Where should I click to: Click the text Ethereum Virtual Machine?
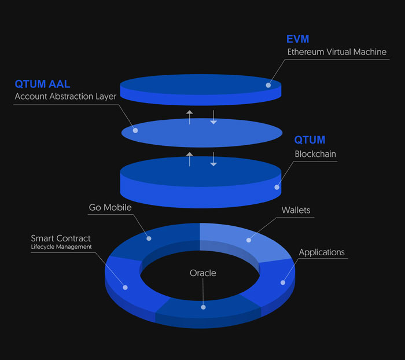[337, 52]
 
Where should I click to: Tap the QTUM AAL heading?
[42, 85]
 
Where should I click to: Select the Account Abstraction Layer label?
[65, 97]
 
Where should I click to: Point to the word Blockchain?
[315, 155]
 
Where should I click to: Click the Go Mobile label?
[110, 207]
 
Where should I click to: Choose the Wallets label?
[296, 210]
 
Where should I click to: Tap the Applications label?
[322, 252]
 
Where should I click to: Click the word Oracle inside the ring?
[203, 273]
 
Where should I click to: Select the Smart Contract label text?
[61, 238]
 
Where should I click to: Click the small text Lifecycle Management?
[61, 247]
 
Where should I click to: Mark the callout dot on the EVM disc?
[268, 85]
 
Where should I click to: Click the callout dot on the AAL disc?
[135, 130]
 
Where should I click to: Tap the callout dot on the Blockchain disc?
[277, 187]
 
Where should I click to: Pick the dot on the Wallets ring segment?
[249, 240]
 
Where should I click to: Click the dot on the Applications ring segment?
[283, 282]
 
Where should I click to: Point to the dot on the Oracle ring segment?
[203, 307]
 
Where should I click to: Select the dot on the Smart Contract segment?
[126, 286]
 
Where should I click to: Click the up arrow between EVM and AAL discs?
[189, 116]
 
